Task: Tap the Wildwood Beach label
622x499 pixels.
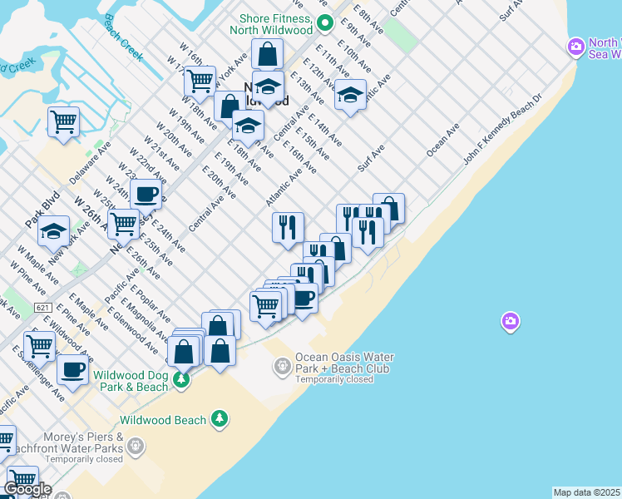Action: (162, 420)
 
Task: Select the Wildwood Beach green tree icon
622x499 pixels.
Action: (220, 419)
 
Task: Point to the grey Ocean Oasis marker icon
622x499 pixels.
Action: (283, 364)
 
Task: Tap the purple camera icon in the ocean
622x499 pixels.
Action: (511, 321)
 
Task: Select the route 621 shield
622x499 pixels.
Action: (44, 308)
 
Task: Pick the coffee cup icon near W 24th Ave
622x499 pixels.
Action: (146, 195)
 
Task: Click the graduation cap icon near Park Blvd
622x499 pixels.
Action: (54, 231)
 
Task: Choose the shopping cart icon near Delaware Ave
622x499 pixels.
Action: (63, 121)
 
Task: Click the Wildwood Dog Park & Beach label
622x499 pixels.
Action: (131, 381)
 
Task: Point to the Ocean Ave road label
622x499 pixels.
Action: (442, 141)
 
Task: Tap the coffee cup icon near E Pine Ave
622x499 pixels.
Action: (72, 368)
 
